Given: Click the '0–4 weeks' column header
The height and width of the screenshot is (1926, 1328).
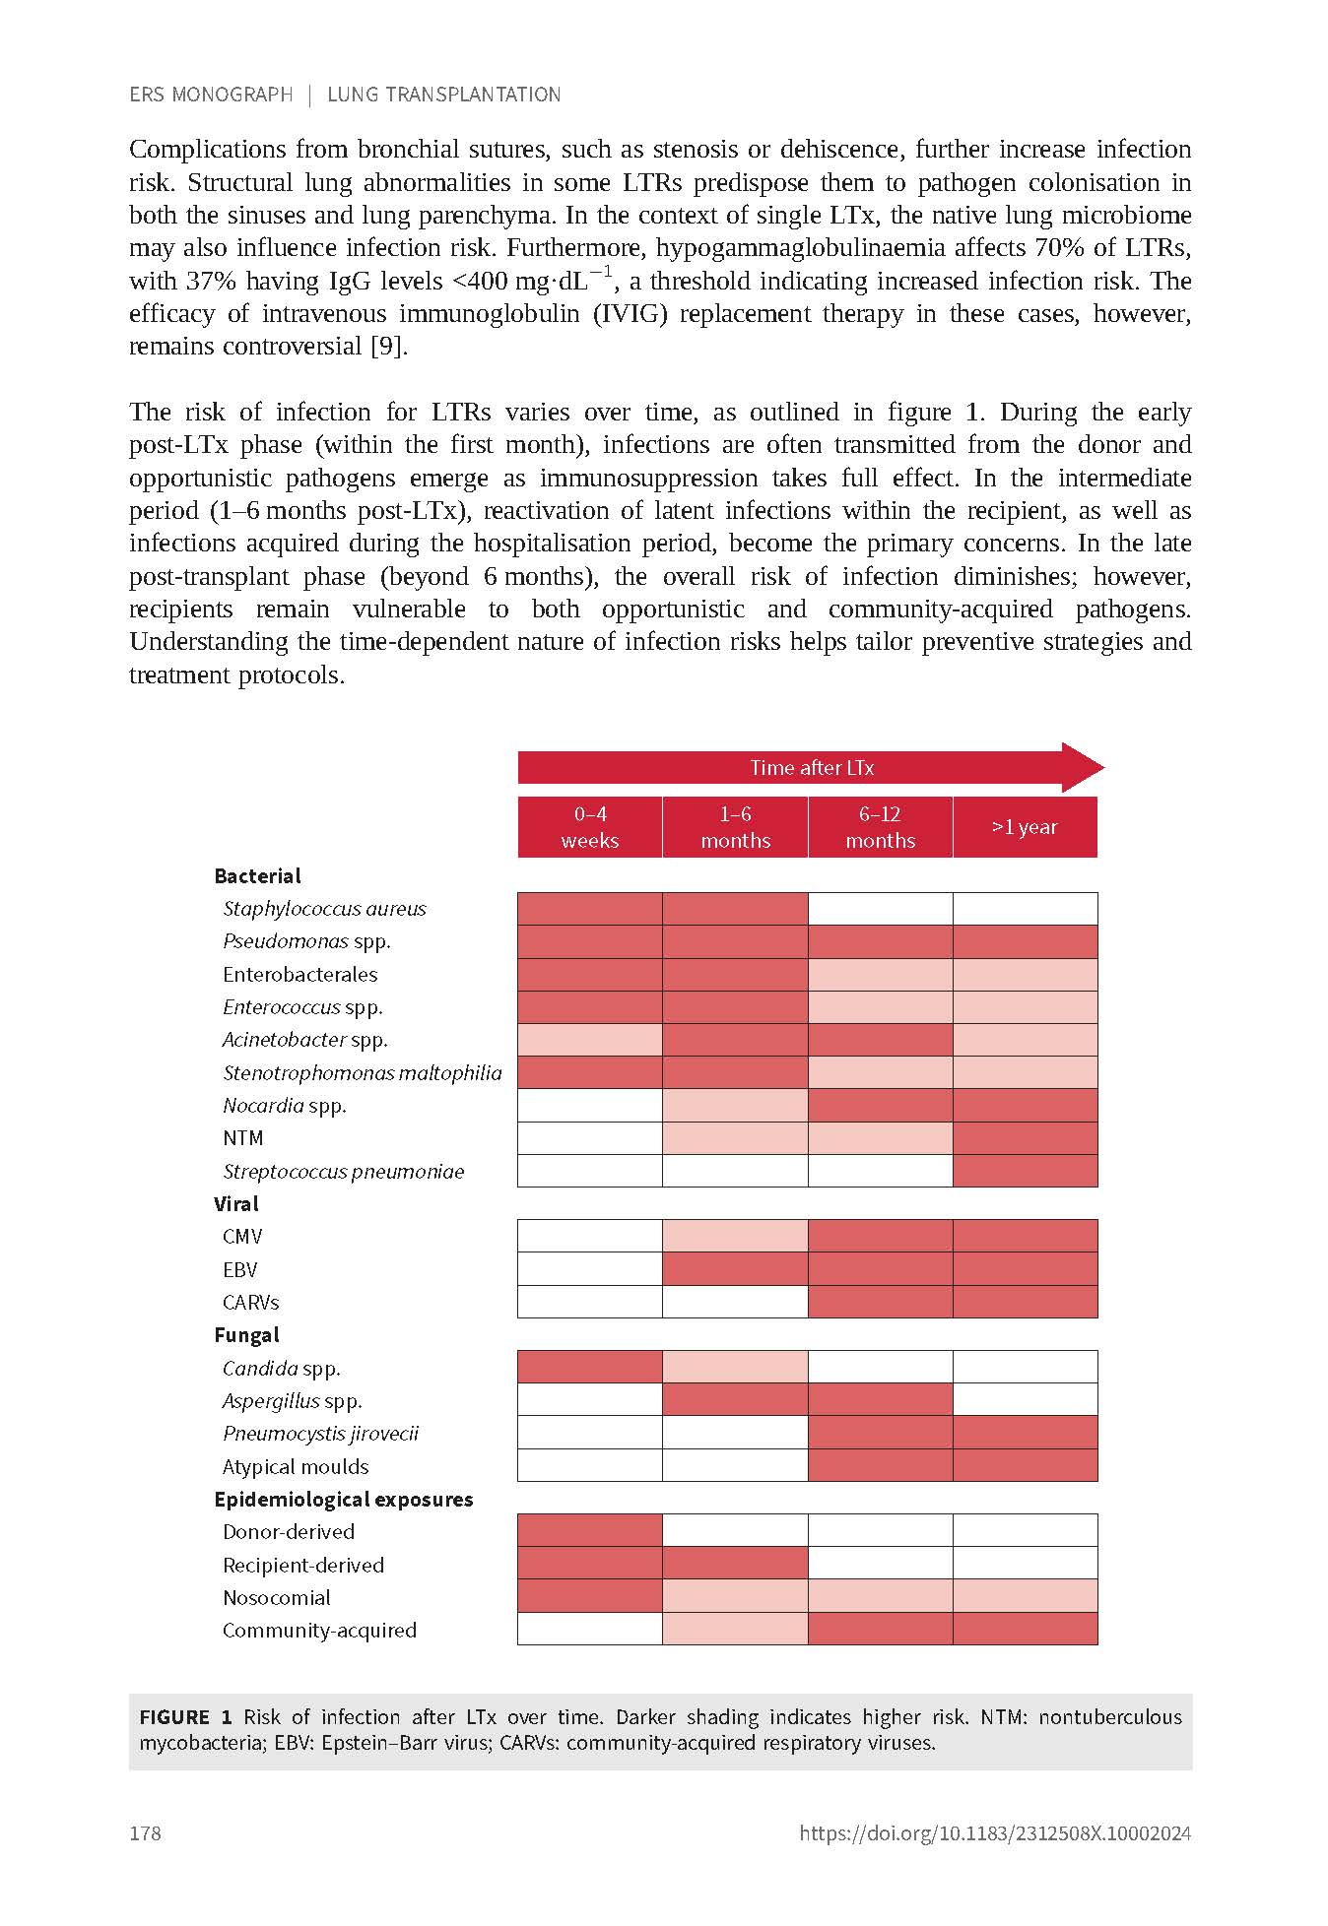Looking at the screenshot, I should point(589,827).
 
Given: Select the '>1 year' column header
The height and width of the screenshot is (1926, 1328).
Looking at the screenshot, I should point(1025,827).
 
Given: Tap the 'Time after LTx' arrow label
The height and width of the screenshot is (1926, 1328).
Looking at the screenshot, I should point(812,768).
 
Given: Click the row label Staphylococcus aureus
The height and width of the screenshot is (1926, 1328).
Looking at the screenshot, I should point(324,909).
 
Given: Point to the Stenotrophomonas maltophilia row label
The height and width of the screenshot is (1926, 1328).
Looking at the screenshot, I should point(362,1072).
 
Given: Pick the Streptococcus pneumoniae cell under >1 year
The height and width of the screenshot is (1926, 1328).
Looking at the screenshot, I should point(1025,1171).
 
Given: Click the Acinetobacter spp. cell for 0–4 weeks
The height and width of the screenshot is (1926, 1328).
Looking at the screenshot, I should point(589,1040).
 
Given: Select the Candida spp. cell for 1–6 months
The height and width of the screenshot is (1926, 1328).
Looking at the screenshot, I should point(735,1368).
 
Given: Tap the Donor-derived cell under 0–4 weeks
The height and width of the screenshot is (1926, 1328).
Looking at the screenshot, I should point(589,1531).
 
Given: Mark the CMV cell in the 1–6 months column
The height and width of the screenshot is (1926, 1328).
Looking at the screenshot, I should point(735,1236).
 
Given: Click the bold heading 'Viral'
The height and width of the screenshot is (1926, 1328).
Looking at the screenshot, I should point(236,1203).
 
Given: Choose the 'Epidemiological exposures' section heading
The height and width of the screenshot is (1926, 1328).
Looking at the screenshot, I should point(343,1499).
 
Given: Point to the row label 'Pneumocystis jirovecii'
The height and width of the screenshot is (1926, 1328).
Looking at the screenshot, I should point(320,1434).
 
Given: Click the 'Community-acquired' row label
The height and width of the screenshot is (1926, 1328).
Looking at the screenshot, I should point(319,1630).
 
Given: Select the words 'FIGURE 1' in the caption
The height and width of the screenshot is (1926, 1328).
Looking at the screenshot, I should point(185,1717).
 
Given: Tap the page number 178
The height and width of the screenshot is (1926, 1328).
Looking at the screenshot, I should point(145,1832).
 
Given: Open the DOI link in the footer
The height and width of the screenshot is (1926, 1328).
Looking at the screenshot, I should point(995,1832).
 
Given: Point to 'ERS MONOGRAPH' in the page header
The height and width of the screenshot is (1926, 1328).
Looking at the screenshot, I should point(211,95).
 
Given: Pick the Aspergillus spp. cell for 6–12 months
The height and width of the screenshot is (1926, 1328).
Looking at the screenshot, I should point(880,1400).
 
